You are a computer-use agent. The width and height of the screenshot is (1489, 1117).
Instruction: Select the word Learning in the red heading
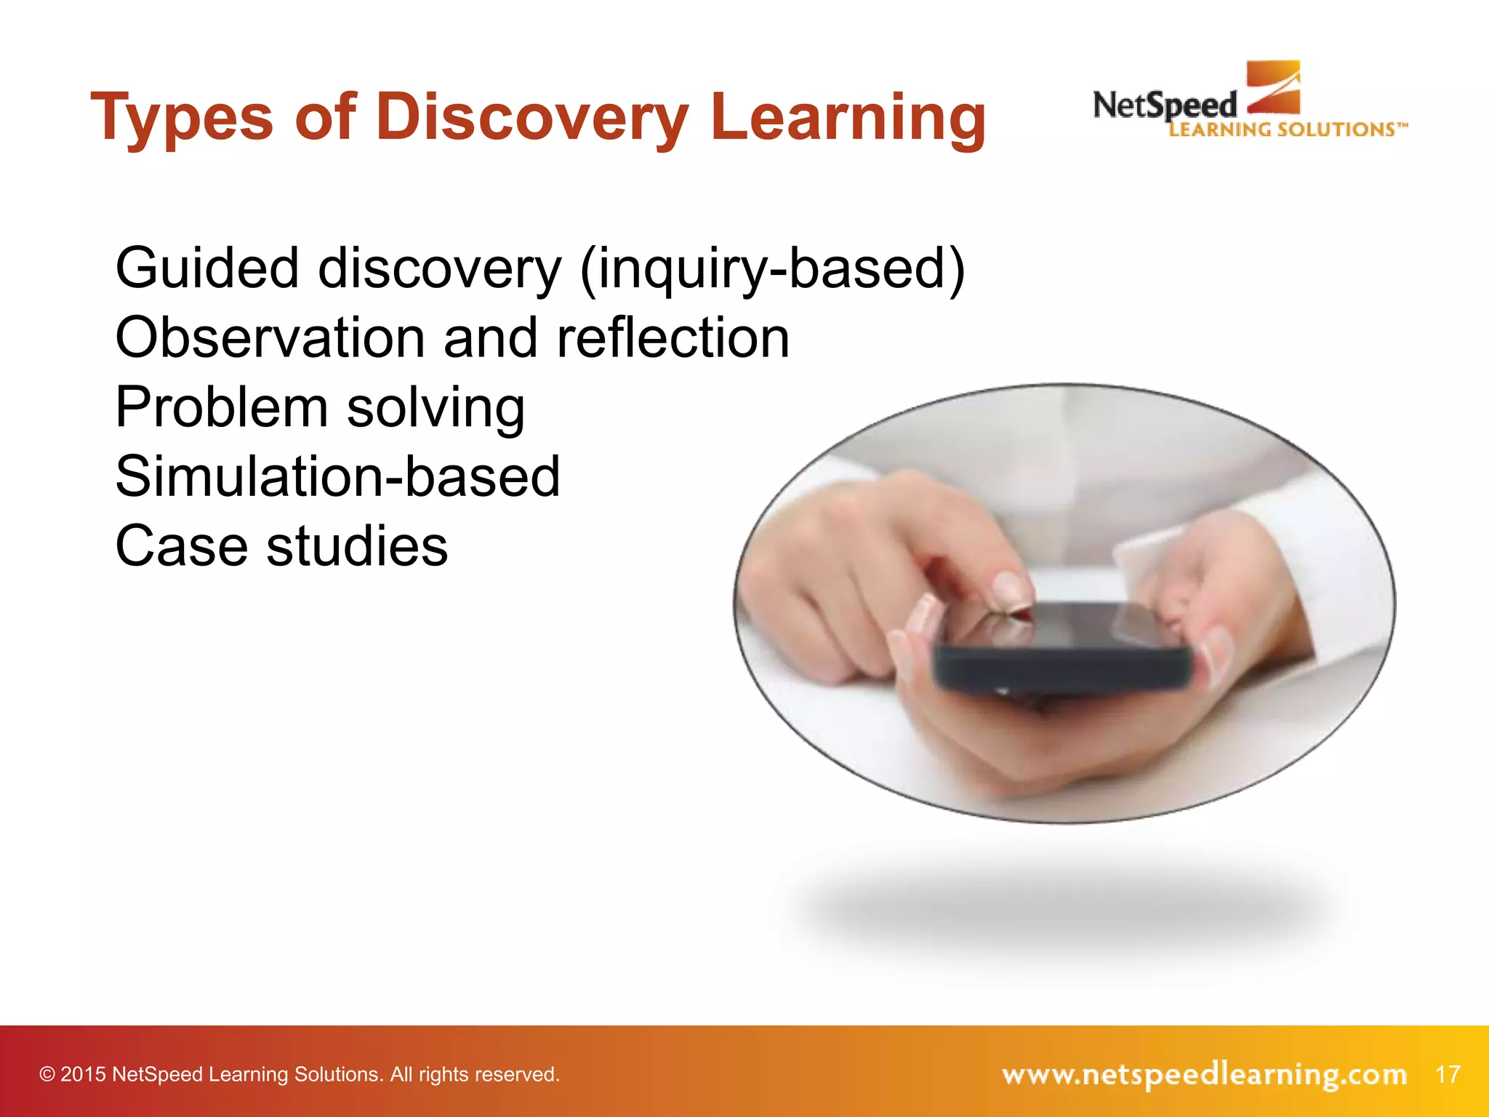[848, 119]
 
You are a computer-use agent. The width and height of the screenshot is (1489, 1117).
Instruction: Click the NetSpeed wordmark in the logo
[1164, 106]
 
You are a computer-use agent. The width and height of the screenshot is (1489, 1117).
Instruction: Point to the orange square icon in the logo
[1273, 87]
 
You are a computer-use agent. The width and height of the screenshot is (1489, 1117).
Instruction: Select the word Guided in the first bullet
[207, 268]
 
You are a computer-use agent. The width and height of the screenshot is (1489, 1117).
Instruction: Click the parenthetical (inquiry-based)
[772, 268]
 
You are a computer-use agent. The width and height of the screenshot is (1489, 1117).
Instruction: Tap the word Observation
[270, 338]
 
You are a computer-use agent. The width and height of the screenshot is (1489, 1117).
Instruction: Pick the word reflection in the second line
[673, 338]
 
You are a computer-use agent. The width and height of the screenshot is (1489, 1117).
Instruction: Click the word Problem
[221, 407]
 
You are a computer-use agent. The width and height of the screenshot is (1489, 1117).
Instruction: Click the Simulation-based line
[338, 477]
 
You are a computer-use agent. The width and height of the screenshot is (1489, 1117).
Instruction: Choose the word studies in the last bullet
[357, 546]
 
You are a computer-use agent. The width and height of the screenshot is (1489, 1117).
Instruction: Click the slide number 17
[1448, 1074]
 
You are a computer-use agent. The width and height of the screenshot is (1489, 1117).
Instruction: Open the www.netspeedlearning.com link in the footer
[1204, 1074]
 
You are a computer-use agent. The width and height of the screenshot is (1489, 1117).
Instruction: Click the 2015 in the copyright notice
[83, 1075]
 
